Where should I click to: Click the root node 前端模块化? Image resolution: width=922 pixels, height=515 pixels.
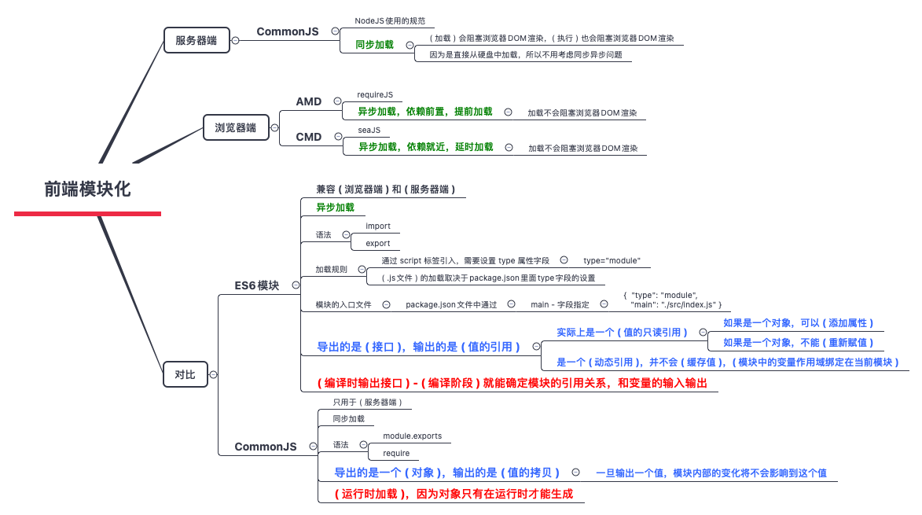[x=87, y=189]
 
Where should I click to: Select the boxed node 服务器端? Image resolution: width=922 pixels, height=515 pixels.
[x=196, y=40]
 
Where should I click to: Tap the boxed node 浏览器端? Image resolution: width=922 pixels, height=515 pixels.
[x=235, y=127]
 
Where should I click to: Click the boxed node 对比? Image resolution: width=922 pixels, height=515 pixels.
[x=185, y=375]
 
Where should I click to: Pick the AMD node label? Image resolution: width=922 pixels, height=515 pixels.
[x=309, y=101]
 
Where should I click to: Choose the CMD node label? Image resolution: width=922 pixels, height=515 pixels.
[x=309, y=137]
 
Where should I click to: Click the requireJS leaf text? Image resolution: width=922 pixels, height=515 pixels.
[x=375, y=94]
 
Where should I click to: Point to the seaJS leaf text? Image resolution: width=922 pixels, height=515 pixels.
[x=369, y=130]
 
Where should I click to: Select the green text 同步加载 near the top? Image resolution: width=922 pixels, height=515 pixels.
[x=374, y=45]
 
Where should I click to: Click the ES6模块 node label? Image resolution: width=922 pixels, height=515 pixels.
[x=257, y=285]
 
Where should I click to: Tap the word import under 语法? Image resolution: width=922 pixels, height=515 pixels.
[x=378, y=226]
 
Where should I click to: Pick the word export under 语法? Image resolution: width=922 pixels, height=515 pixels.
[x=378, y=243]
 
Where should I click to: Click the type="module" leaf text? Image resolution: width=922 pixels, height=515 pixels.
[x=612, y=260]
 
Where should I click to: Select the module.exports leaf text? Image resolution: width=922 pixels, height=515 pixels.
[x=412, y=436]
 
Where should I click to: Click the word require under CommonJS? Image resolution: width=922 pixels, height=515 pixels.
[x=396, y=453]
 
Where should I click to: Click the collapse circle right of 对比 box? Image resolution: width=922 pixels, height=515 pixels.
[x=214, y=375]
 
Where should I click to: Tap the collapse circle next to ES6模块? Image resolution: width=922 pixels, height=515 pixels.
[x=296, y=285]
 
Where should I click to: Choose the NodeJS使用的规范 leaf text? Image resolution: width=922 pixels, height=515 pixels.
[x=390, y=20]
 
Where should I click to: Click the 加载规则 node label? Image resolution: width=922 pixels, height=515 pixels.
[x=331, y=269]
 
